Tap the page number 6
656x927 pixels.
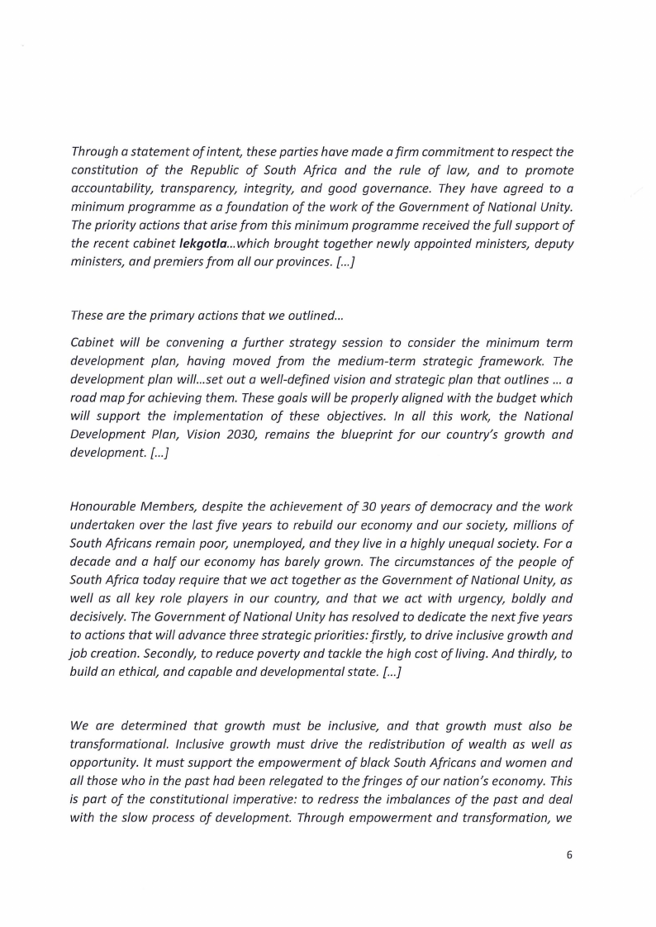(569, 854)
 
